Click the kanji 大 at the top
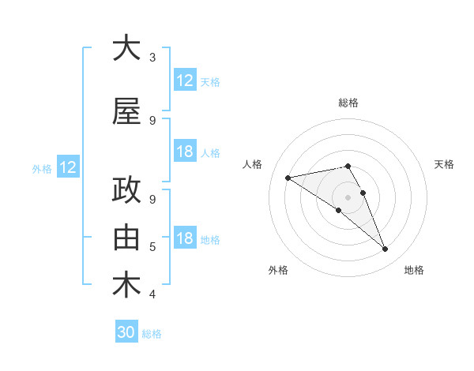point(126,49)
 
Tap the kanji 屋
point(126,112)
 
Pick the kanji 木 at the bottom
point(126,284)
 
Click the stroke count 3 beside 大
point(152,58)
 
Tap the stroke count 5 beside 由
point(152,247)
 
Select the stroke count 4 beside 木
point(152,294)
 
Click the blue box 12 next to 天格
point(185,81)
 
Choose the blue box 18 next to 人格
point(185,152)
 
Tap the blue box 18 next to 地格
point(185,238)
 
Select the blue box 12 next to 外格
point(67,167)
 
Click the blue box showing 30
point(126,332)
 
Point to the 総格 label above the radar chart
point(348,103)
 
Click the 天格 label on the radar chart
point(444,164)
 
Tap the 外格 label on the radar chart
point(278,270)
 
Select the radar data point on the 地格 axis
point(386,249)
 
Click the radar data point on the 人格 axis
point(288,177)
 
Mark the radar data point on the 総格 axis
point(348,166)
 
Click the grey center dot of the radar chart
point(348,196)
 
